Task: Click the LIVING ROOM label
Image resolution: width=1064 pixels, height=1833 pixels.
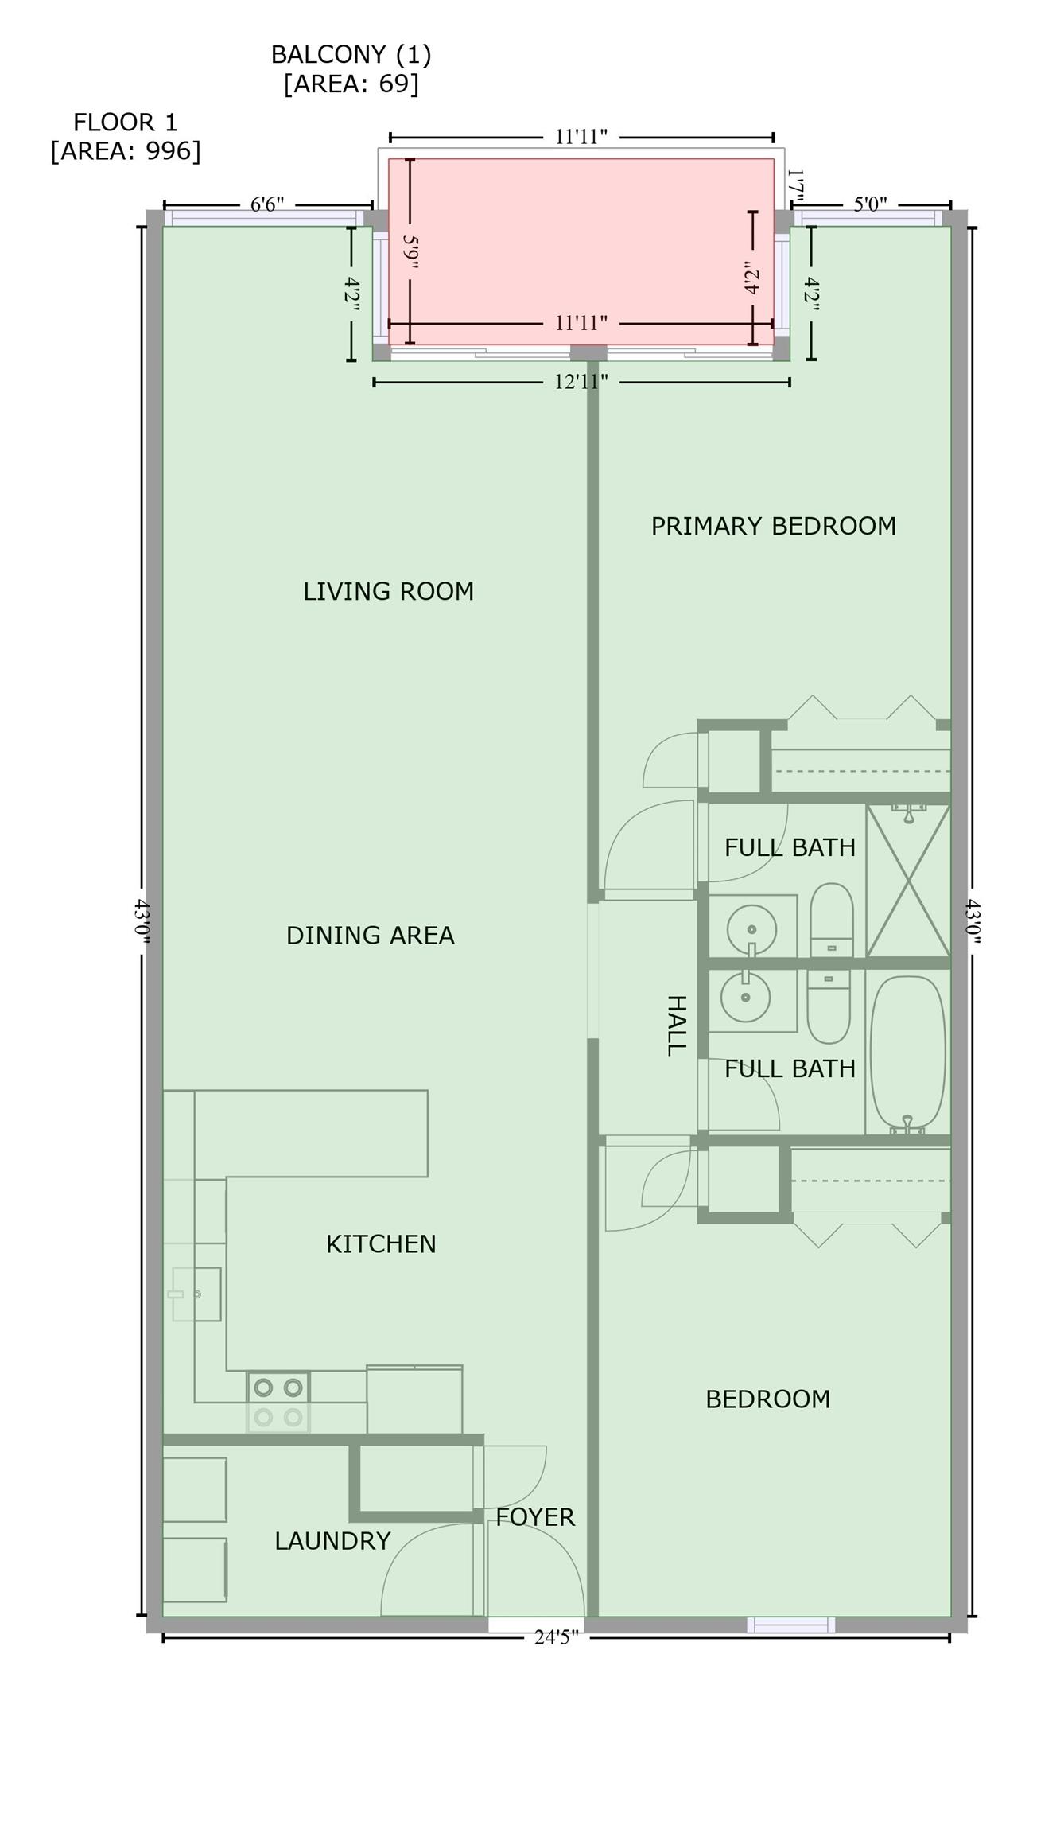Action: (x=388, y=591)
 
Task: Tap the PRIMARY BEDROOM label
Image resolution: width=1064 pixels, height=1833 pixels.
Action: (x=774, y=526)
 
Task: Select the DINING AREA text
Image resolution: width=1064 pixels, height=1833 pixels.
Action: (x=371, y=935)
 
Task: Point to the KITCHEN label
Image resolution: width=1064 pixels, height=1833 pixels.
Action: (x=381, y=1243)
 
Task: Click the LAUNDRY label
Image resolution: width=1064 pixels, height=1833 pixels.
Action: (x=332, y=1541)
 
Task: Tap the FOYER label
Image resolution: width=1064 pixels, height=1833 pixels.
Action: (x=535, y=1517)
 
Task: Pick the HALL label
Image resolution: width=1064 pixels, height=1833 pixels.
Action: (x=675, y=1025)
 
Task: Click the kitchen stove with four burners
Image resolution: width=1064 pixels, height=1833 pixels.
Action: (x=278, y=1402)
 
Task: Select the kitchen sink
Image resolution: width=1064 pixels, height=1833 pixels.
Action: (x=196, y=1294)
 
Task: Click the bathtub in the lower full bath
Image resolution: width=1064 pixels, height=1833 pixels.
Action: (x=908, y=1055)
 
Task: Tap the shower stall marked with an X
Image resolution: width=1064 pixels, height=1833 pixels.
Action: (x=908, y=881)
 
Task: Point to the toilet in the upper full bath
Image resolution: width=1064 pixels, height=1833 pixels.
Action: (x=832, y=920)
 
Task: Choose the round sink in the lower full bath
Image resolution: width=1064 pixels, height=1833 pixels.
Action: (x=745, y=997)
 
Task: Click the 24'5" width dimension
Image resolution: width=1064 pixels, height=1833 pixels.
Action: (x=556, y=1637)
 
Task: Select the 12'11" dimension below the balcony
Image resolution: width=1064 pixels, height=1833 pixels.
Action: (x=581, y=382)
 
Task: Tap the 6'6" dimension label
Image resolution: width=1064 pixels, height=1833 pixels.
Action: (x=267, y=204)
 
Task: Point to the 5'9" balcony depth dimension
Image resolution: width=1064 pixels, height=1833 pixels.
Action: (x=410, y=251)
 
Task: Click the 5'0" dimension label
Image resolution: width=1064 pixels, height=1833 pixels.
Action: (x=870, y=204)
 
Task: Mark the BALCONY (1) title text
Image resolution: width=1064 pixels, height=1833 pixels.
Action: (x=351, y=55)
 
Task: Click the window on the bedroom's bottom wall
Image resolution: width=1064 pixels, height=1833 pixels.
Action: (x=791, y=1625)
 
